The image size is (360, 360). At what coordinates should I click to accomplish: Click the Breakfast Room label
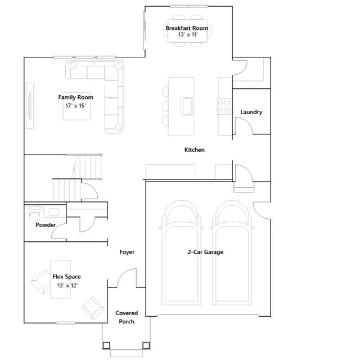pos(187,28)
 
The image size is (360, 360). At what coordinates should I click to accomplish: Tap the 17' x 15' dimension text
pos(75,106)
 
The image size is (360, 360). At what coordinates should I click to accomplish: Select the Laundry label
pos(251,112)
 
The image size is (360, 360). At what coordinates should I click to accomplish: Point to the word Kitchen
pos(195,150)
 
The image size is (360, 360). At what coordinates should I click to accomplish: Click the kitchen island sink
pos(186,106)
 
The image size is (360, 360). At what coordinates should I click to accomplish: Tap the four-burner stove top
pos(224,106)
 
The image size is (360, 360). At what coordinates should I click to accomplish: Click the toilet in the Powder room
pos(34,214)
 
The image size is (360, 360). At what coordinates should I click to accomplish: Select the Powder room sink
pos(54,212)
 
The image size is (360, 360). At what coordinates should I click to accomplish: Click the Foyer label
pos(127,252)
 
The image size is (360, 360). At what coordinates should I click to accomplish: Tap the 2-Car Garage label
pos(205,252)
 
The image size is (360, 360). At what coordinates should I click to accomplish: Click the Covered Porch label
pos(127,317)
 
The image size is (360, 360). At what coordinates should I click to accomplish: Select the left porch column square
pos(106,345)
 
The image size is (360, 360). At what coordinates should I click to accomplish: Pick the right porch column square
pos(146,345)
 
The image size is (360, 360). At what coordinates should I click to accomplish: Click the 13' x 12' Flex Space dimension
pos(67,286)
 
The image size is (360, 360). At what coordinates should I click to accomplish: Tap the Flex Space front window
pos(66,323)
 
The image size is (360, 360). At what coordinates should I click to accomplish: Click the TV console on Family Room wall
pos(30,106)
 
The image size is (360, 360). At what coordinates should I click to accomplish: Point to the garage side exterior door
pos(262,210)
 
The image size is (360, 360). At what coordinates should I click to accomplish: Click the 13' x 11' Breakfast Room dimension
pos(188,35)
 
